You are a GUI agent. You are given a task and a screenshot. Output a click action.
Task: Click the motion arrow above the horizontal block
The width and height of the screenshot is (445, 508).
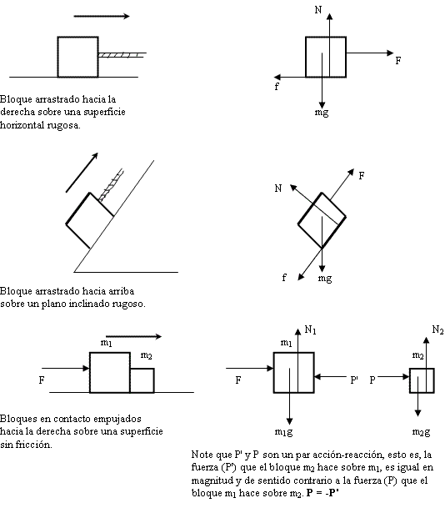(x=101, y=15)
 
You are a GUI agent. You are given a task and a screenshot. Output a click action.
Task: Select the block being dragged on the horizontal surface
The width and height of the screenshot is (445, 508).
(x=77, y=56)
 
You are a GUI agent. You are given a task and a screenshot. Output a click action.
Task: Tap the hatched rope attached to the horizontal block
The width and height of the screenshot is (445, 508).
(x=122, y=55)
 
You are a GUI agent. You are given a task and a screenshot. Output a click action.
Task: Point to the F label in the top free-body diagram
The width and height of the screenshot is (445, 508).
(x=398, y=60)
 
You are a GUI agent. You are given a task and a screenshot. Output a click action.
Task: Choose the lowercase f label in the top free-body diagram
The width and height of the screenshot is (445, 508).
(x=277, y=85)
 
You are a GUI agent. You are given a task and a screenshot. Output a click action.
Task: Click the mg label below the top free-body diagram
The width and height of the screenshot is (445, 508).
(x=322, y=111)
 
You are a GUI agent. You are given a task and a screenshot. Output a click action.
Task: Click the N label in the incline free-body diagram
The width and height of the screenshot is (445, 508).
(x=277, y=189)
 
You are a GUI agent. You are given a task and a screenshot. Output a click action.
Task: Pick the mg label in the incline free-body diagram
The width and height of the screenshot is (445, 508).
(x=325, y=278)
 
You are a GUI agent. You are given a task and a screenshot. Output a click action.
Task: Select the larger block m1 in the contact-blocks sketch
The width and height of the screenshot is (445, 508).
(x=110, y=372)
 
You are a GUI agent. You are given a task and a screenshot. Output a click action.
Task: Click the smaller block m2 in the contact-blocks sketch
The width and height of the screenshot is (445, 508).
(x=142, y=380)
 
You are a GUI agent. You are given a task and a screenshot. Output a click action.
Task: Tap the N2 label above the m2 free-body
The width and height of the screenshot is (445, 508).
(x=437, y=332)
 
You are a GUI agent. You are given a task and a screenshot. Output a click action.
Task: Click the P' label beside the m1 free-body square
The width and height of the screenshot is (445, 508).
(x=353, y=379)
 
